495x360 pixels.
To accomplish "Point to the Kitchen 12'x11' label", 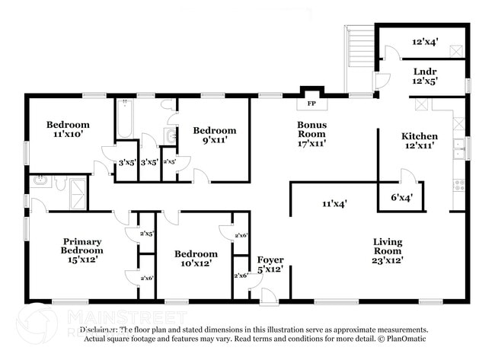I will [x=419, y=141].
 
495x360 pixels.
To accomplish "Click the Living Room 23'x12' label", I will [x=388, y=251].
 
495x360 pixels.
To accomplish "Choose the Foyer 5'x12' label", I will [x=271, y=265].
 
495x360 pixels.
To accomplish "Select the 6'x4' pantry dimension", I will [x=401, y=198].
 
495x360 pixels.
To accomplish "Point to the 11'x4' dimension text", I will [x=334, y=204].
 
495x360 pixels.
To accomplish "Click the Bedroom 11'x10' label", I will [x=68, y=129].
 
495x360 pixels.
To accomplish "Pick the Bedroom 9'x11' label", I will [x=214, y=135].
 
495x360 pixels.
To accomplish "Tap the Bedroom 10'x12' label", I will [x=196, y=259].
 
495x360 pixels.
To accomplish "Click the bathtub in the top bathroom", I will [x=124, y=120].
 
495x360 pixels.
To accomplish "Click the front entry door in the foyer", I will [x=270, y=297].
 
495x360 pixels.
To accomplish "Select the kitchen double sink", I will [x=459, y=146].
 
